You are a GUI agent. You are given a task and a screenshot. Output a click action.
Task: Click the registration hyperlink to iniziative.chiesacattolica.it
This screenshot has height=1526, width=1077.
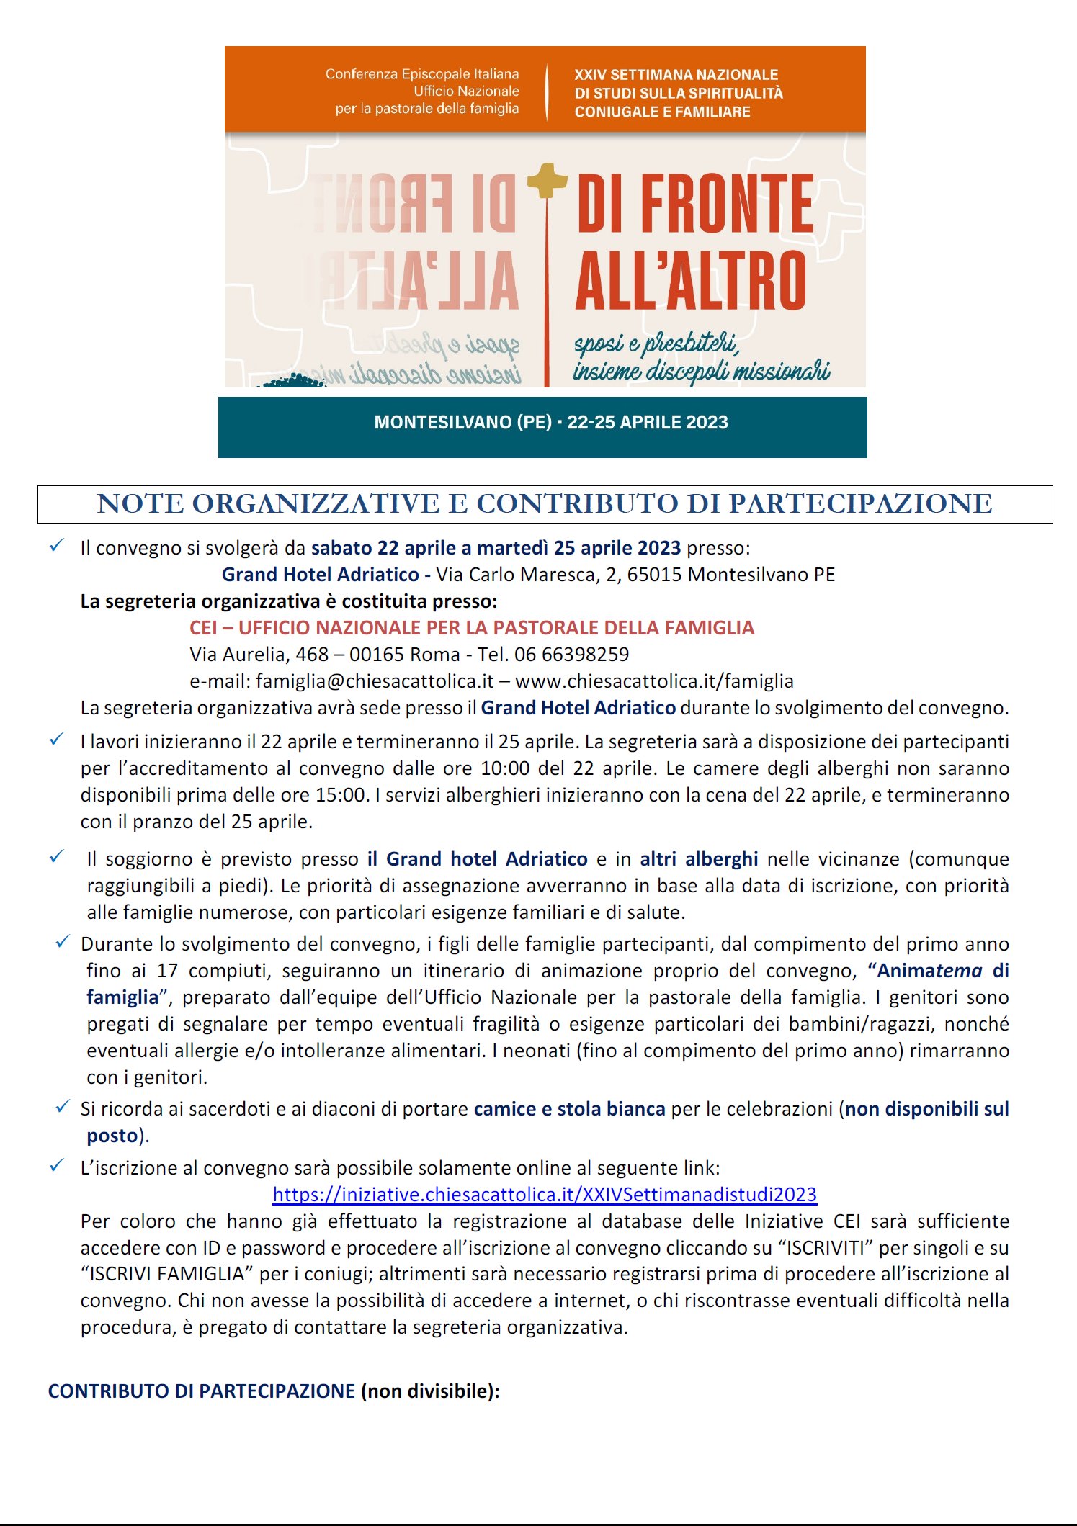pyautogui.click(x=545, y=1195)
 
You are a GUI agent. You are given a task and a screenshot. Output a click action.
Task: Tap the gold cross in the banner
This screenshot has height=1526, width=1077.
pyautogui.click(x=548, y=181)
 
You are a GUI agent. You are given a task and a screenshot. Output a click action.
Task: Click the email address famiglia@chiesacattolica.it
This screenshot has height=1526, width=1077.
pyautogui.click(x=375, y=681)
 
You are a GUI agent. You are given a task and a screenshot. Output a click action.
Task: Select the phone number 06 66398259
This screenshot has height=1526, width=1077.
pyautogui.click(x=571, y=655)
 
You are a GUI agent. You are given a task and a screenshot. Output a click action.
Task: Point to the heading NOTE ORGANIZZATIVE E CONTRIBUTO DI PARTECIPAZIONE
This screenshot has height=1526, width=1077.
pyautogui.click(x=545, y=504)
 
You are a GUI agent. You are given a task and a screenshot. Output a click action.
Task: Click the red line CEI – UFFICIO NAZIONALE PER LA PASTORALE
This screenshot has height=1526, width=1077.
pyautogui.click(x=471, y=628)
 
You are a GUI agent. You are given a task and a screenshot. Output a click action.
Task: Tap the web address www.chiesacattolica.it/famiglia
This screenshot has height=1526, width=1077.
pyautogui.click(x=654, y=681)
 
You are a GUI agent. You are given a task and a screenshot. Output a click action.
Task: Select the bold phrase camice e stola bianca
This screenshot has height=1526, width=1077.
pyautogui.click(x=569, y=1109)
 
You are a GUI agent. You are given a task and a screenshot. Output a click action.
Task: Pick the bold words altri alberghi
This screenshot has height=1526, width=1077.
pyautogui.click(x=698, y=859)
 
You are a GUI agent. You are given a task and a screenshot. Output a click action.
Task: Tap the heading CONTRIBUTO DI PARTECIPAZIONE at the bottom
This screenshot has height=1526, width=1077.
pyautogui.click(x=202, y=1391)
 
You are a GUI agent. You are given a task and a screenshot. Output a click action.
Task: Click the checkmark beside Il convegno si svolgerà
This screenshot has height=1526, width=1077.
pyautogui.click(x=57, y=547)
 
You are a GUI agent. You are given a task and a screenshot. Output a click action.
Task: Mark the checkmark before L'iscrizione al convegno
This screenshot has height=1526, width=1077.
pyautogui.click(x=57, y=1167)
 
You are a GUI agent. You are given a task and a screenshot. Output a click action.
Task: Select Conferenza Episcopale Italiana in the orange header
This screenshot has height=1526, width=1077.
pyautogui.click(x=422, y=74)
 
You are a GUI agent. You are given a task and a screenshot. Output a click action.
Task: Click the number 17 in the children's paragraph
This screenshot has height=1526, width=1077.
pyautogui.click(x=167, y=971)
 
